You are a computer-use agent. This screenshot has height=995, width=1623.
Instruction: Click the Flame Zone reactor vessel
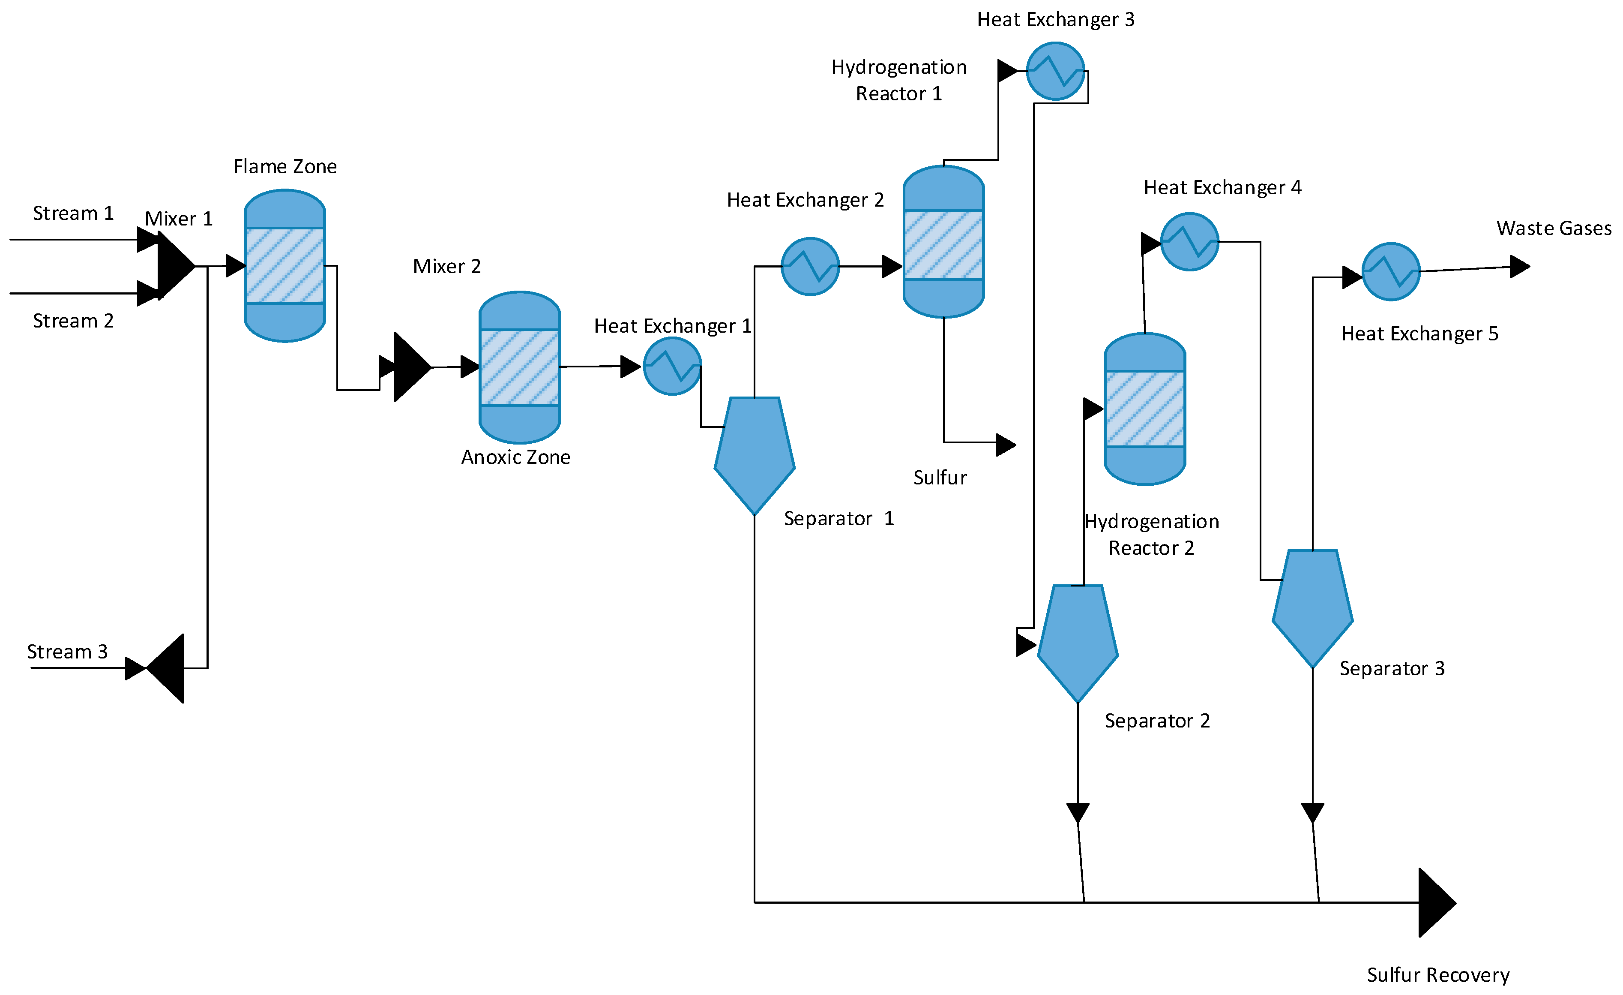(284, 265)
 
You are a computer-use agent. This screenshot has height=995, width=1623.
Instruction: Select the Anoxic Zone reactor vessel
(520, 367)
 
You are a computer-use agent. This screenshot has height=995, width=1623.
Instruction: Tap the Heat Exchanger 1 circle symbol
(672, 367)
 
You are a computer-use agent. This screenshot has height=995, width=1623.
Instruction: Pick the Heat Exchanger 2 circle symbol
(810, 266)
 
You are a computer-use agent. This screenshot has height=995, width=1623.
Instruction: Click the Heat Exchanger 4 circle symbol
(1189, 242)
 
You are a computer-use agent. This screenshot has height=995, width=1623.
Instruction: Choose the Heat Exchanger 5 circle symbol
(1391, 271)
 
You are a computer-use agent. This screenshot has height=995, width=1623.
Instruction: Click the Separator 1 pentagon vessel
(755, 455)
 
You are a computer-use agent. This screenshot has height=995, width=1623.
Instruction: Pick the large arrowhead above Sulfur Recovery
(1437, 902)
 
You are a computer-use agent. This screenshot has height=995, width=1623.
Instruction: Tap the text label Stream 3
(67, 652)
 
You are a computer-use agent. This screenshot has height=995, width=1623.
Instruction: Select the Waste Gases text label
(1554, 228)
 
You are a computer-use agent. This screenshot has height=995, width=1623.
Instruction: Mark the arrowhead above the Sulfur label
(1006, 445)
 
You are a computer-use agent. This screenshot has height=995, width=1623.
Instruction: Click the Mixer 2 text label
(446, 266)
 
